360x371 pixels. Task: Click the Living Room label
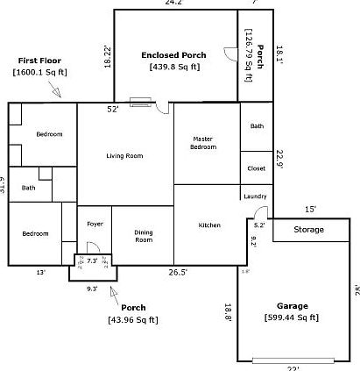(x=124, y=156)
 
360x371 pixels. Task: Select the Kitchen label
(x=209, y=225)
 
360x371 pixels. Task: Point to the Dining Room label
(x=143, y=236)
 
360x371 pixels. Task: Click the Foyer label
(x=95, y=224)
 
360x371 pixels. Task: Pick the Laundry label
(x=255, y=196)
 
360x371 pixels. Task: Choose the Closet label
(x=256, y=168)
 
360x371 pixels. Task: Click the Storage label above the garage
(x=307, y=230)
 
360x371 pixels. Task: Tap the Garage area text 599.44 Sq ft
(x=299, y=317)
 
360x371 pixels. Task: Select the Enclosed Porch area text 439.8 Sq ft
(x=174, y=66)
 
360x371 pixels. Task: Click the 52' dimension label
(x=113, y=110)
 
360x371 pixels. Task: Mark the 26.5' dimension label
(x=178, y=273)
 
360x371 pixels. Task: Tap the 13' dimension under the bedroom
(x=40, y=273)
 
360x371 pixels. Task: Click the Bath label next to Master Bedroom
(x=256, y=126)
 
